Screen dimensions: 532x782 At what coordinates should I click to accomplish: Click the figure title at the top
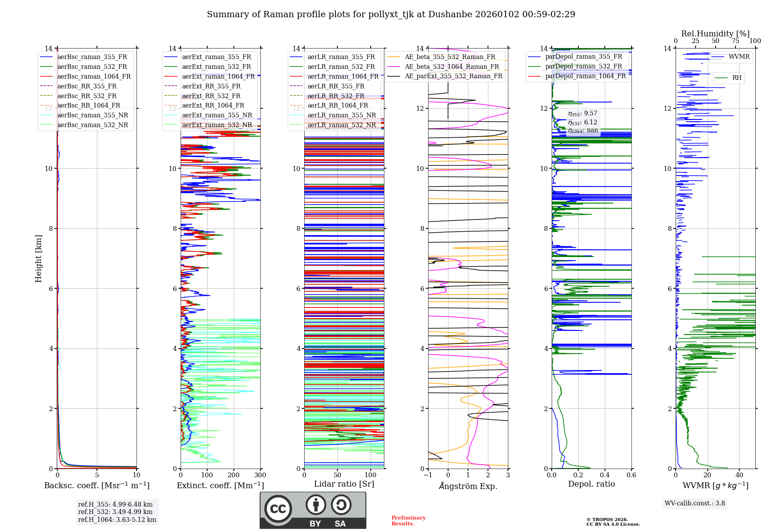point(391,14)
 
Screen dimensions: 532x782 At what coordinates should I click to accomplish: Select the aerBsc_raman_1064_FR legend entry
point(94,76)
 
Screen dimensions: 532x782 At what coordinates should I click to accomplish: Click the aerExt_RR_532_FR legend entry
point(211,96)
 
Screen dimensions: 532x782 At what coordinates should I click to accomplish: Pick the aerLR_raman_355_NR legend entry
point(341,115)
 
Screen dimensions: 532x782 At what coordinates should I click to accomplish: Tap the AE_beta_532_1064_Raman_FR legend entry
point(452,66)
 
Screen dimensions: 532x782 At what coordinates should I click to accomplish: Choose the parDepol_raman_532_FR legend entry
point(583,66)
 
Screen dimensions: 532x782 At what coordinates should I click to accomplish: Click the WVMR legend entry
point(739,57)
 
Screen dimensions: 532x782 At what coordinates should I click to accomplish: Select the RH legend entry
point(737,78)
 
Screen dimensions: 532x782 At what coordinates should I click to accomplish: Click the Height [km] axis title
point(38,258)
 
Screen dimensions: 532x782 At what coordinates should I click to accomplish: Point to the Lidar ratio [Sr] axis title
point(344,484)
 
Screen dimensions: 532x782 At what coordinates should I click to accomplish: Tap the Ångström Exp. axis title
point(468,486)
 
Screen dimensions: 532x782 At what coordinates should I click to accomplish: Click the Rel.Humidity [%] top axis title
point(715,34)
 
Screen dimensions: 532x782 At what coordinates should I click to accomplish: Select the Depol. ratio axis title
point(591,484)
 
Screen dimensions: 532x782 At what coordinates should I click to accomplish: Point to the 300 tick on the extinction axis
point(260,475)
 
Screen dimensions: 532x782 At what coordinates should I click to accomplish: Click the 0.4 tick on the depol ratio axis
point(604,475)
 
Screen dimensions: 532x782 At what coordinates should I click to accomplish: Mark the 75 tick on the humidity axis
point(735,41)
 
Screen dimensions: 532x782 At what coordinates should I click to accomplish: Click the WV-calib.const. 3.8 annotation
point(694,503)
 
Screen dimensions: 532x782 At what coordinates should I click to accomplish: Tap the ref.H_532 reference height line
point(115,512)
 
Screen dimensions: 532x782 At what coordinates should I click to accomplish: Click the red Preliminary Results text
point(408,521)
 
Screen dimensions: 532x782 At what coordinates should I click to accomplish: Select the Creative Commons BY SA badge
point(313,510)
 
